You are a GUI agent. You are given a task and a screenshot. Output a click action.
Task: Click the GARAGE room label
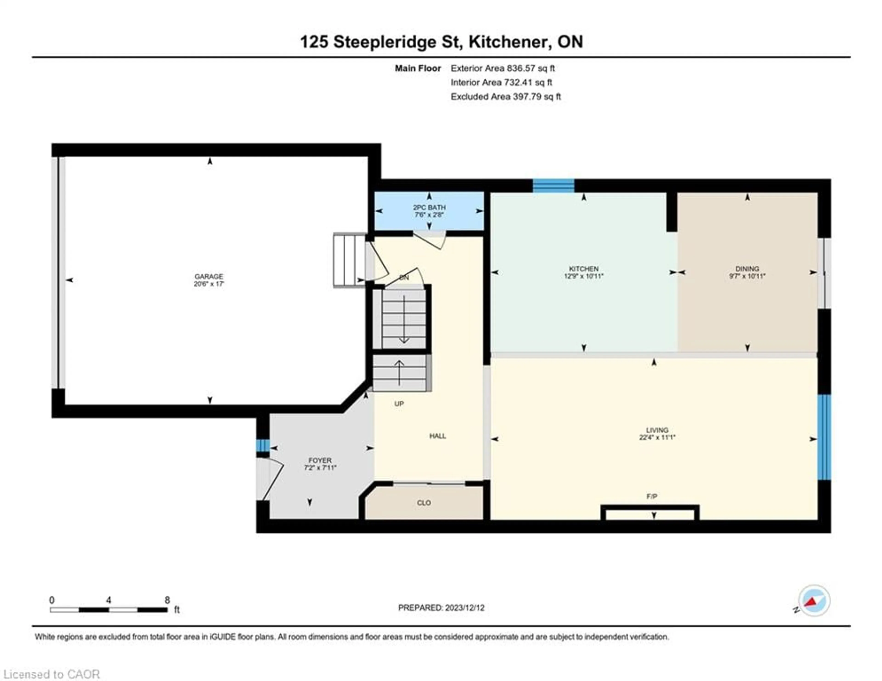click(209, 276)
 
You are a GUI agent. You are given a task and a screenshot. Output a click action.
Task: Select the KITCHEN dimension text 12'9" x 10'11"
click(584, 276)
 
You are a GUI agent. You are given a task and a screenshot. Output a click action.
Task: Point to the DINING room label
click(747, 269)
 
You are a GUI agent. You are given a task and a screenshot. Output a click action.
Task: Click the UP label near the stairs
click(399, 403)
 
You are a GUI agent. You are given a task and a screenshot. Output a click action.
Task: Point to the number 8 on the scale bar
click(167, 600)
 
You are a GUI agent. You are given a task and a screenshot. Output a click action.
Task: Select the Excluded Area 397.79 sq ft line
click(506, 96)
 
